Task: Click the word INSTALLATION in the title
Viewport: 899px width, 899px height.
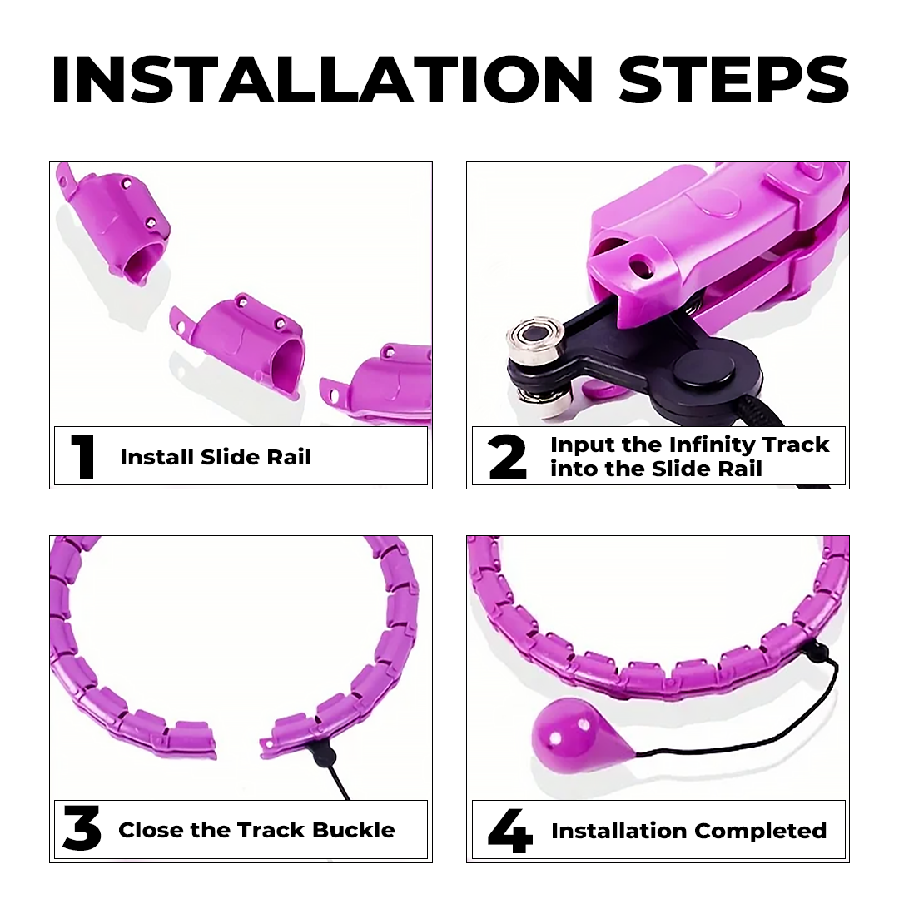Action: coord(322,80)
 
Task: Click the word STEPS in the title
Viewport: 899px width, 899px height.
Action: coord(734,80)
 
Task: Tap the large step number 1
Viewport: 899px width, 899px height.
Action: coord(84,457)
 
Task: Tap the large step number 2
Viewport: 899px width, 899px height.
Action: coord(508,457)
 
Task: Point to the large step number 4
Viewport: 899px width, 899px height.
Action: coord(509,830)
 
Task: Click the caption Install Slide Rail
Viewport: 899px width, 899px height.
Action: coord(216,457)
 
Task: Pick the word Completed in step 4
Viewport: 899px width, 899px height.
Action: coord(761,831)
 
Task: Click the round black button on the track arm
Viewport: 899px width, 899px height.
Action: coord(703,371)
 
